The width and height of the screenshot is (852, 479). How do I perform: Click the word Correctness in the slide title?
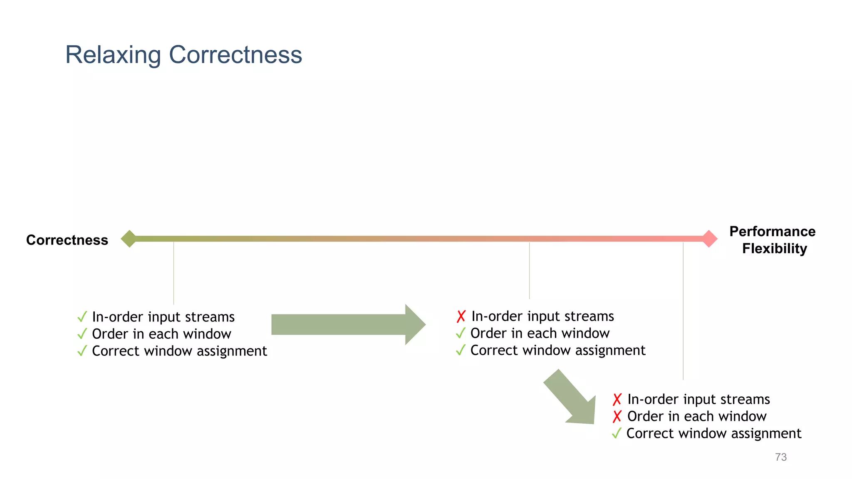tap(235, 55)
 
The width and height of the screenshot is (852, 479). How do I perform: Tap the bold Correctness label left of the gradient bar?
tap(67, 240)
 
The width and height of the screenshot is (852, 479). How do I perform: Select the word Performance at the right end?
tap(772, 231)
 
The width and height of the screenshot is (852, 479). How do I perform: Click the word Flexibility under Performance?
tap(774, 249)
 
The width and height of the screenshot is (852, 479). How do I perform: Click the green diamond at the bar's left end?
tap(129, 239)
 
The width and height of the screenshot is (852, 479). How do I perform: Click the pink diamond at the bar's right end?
tap(709, 239)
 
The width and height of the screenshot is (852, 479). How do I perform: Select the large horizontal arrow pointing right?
tap(345, 324)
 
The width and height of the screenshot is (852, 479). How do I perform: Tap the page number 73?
tap(781, 457)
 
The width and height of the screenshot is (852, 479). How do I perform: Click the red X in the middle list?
tap(461, 316)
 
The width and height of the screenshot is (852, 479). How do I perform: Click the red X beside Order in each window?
tap(617, 416)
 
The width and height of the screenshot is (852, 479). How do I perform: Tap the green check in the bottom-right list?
tap(617, 433)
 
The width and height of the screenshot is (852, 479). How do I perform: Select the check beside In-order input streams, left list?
tap(82, 317)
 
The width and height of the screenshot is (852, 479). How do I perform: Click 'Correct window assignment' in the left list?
tap(179, 351)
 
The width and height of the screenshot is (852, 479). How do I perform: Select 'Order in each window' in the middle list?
tap(540, 333)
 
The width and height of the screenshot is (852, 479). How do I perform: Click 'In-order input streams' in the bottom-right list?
tap(698, 399)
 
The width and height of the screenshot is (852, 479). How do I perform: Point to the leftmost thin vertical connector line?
tap(173, 272)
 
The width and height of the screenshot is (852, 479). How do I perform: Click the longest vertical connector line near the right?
tap(683, 312)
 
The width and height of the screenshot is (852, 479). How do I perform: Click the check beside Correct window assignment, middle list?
tap(460, 350)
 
